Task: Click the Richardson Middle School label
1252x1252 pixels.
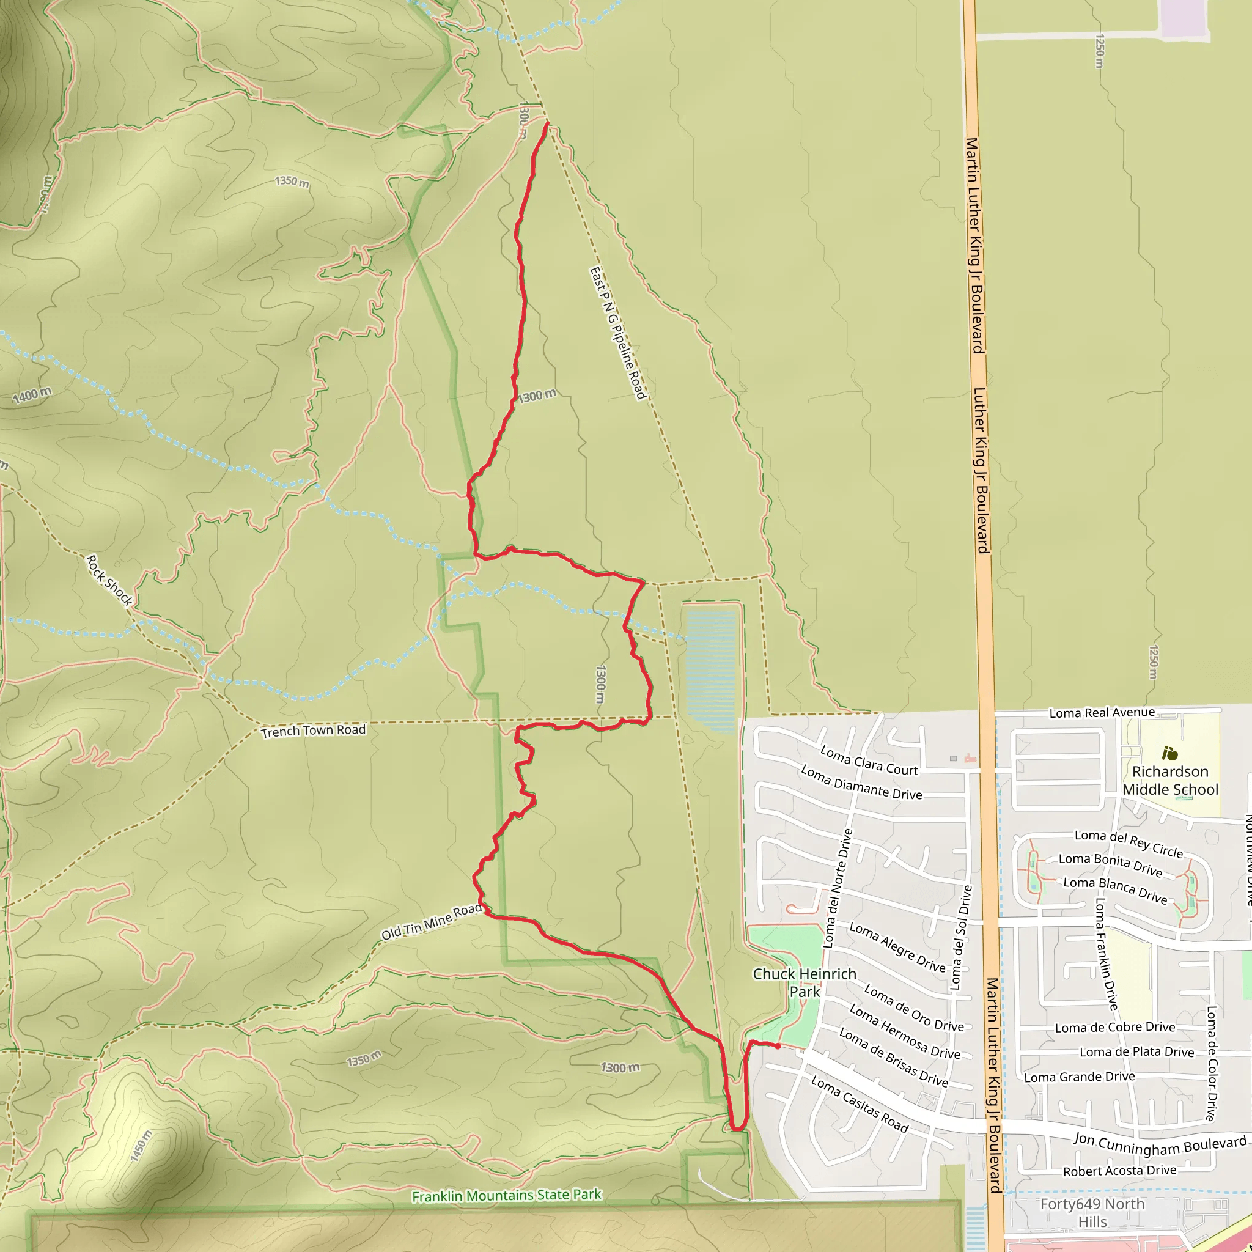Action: pos(1169,780)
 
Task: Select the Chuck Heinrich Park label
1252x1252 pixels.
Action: pos(805,982)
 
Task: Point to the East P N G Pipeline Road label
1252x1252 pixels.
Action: pos(617,333)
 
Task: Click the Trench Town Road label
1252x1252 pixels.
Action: pos(313,731)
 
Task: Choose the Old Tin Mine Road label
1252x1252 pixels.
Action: pos(431,921)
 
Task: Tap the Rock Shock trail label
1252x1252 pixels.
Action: pos(109,580)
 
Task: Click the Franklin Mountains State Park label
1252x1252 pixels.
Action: pos(507,1196)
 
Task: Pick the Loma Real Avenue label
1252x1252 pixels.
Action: pos(1102,713)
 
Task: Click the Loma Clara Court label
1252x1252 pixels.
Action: pos(869,760)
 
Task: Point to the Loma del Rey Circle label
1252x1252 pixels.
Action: pos(1129,843)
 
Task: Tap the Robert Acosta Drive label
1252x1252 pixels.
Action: pos(1120,1171)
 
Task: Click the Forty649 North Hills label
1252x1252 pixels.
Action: pos(1092,1212)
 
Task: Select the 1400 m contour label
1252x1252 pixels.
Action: pos(32,395)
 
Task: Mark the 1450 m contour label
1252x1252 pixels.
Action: pos(141,1146)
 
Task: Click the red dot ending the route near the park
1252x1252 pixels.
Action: pos(778,1046)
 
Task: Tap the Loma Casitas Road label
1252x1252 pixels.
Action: pos(860,1103)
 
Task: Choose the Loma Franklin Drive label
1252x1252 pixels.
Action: pos(1105,952)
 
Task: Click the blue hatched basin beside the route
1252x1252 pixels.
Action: pos(712,668)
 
